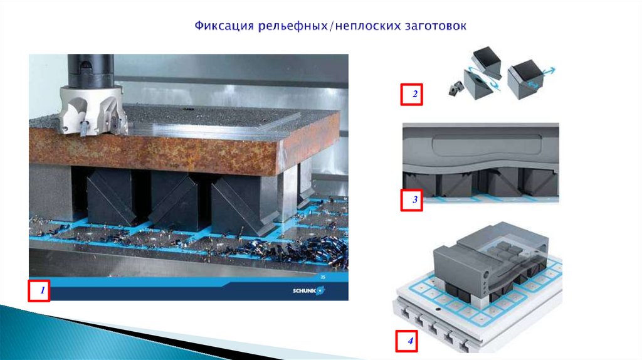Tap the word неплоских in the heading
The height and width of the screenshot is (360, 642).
pyautogui.click(x=366, y=26)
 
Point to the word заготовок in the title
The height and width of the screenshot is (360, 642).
pyautogui.click(x=436, y=26)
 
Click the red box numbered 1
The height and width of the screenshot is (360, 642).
pyautogui.click(x=39, y=291)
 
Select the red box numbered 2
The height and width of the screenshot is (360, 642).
pyautogui.click(x=411, y=95)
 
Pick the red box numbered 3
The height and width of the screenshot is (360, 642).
pyautogui.click(x=411, y=200)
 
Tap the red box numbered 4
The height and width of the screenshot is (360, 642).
pyautogui.click(x=406, y=341)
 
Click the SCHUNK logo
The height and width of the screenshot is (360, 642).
pyautogui.click(x=308, y=291)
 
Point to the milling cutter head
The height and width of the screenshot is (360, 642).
pyautogui.click(x=92, y=110)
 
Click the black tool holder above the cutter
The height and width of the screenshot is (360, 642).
pyautogui.click(x=90, y=70)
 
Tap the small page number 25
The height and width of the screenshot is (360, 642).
pyautogui.click(x=323, y=277)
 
